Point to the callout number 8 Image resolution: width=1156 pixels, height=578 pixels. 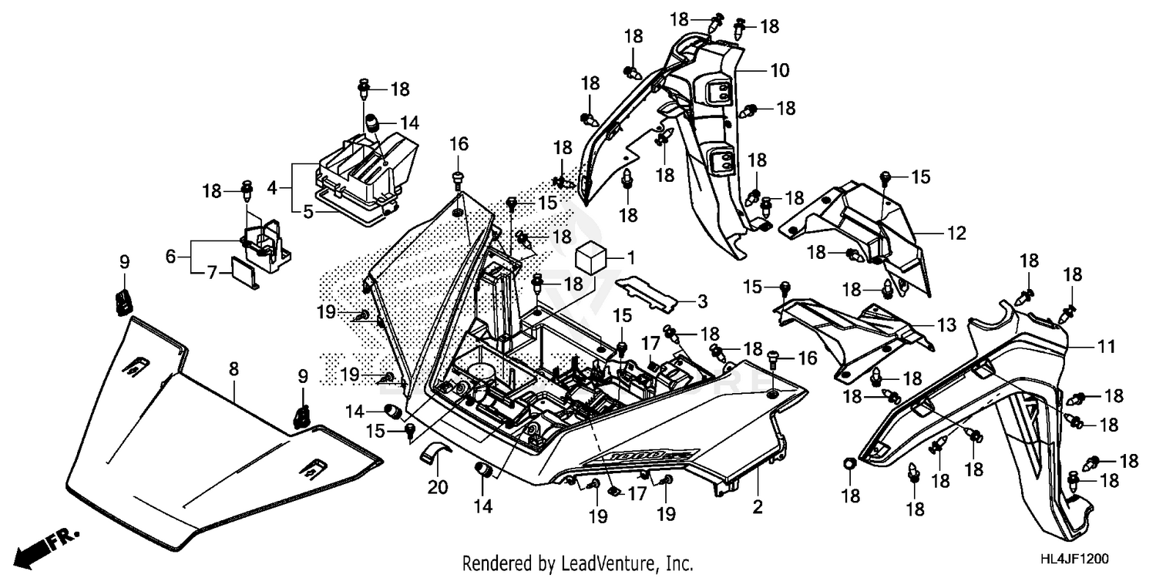point(233,371)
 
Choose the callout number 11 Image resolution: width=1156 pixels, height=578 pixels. point(1107,348)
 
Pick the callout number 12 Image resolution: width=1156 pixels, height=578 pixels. point(956,233)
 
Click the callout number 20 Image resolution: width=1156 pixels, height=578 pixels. point(438,487)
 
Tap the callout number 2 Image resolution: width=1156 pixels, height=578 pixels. point(758,507)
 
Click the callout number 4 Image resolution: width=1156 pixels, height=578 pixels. point(271,187)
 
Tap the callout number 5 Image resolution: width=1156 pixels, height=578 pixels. point(308,210)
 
